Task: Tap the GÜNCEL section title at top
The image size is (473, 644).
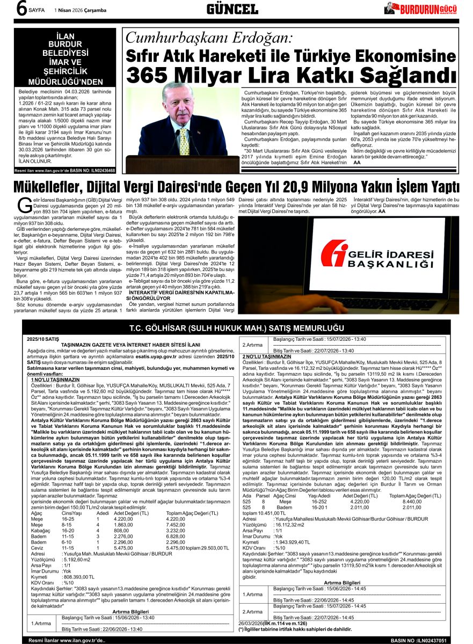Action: pyautogui.click(x=232, y=9)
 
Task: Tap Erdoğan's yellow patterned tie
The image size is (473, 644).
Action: pyautogui.click(x=184, y=138)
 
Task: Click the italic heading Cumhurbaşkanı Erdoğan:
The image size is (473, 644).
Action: pyautogui.click(x=209, y=38)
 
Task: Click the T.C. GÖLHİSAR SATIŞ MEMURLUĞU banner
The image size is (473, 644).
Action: pyautogui.click(x=236, y=328)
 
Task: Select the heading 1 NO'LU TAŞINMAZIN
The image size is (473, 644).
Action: pyautogui.click(x=56, y=379)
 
